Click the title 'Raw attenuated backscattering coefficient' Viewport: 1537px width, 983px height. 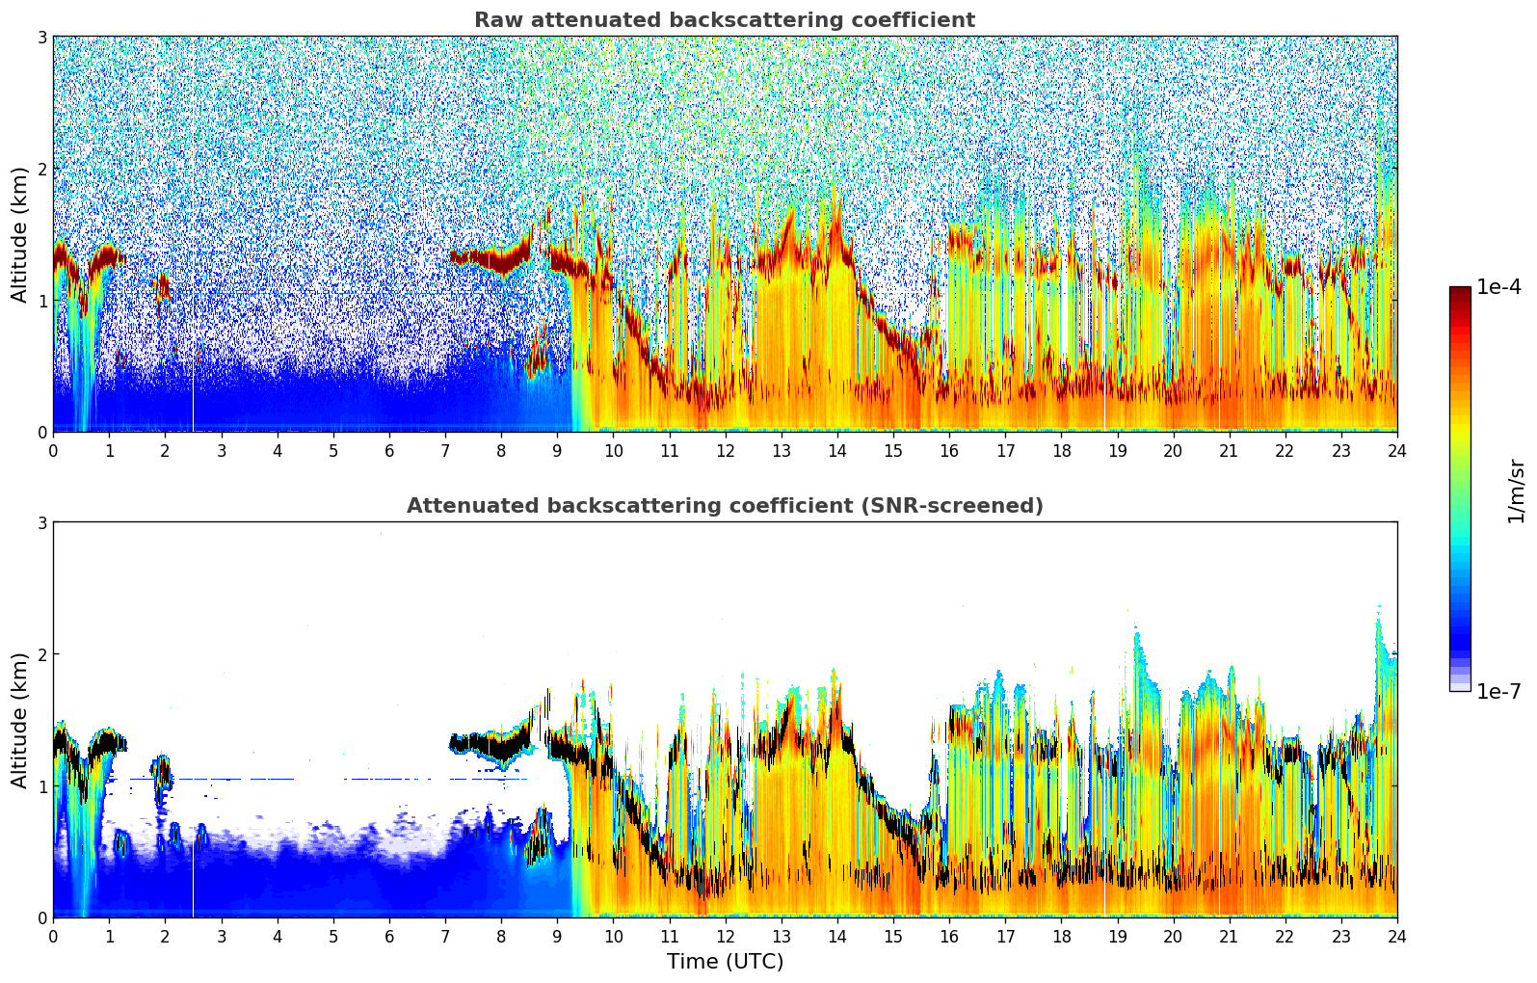(724, 20)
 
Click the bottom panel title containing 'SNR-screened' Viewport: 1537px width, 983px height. (725, 506)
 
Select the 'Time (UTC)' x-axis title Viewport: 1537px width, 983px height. (725, 962)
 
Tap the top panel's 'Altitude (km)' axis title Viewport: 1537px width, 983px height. (19, 234)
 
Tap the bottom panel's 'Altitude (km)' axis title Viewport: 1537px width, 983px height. (19, 720)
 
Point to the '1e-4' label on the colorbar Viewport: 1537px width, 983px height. (1498, 287)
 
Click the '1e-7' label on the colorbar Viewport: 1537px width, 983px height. (1498, 691)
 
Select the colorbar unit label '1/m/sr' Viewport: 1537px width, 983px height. (1516, 491)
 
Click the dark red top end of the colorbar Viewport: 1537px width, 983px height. (1460, 292)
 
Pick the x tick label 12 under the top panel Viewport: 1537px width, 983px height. (725, 451)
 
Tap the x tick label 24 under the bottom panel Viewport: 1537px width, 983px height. (1397, 937)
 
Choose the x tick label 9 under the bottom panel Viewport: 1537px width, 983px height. (557, 937)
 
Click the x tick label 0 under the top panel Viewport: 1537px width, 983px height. (53, 451)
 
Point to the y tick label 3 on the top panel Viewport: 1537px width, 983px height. (42, 37)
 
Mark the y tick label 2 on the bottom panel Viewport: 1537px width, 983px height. (42, 654)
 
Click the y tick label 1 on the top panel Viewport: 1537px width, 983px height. (42, 301)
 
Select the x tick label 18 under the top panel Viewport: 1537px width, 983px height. (1061, 451)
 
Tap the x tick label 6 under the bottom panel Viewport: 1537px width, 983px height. (389, 937)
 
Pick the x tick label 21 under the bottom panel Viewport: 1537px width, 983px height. (1229, 937)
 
